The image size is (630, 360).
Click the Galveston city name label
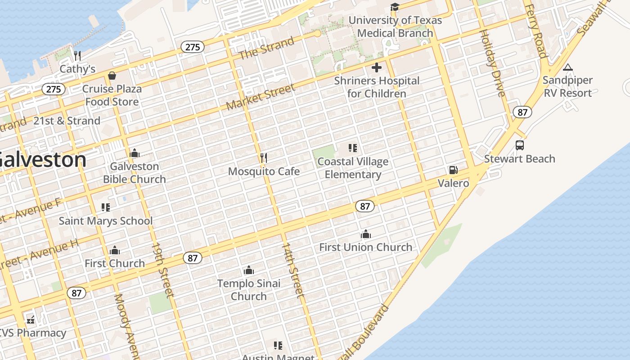[43, 160]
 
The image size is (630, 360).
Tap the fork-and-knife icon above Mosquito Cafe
[264, 157]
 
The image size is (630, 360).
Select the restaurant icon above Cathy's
[77, 56]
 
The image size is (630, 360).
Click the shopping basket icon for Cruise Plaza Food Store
[112, 76]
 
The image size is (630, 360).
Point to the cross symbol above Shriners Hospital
[377, 68]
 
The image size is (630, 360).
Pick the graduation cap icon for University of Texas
[395, 7]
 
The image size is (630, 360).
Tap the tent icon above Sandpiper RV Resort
[568, 67]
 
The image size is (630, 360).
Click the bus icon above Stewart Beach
[520, 145]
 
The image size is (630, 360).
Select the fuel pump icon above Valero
[453, 170]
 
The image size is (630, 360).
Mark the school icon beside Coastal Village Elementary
[353, 148]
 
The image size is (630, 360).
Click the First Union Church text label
[365, 247]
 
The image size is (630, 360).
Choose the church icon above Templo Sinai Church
[249, 270]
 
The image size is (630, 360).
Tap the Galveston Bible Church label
[135, 173]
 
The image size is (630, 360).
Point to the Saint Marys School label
[106, 221]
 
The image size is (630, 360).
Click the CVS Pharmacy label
[32, 333]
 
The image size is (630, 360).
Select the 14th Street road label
[292, 270]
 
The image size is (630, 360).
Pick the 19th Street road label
[162, 270]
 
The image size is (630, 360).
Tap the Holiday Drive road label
[492, 63]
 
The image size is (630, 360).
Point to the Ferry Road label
[536, 31]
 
